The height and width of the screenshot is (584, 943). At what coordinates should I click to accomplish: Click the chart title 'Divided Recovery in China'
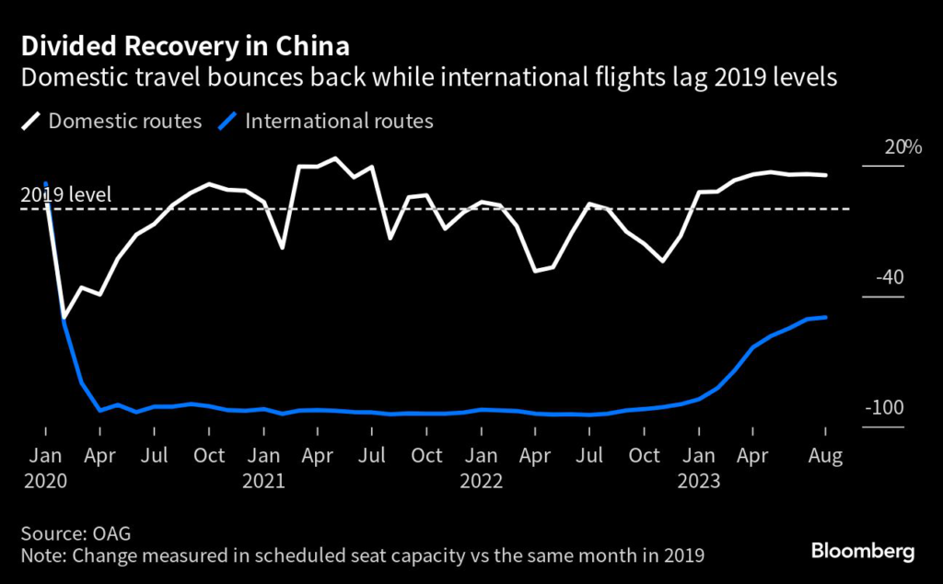coord(185,46)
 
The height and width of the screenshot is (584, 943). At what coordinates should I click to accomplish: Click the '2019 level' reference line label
coord(65,195)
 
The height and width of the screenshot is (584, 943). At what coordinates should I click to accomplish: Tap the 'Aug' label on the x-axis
coord(825,456)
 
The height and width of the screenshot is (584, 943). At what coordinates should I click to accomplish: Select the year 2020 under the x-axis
coord(46,481)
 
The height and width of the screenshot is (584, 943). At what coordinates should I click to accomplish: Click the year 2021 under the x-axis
coord(264,481)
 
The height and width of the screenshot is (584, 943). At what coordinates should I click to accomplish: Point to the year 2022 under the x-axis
coord(481,481)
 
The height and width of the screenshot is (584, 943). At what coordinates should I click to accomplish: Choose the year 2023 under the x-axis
coord(699,481)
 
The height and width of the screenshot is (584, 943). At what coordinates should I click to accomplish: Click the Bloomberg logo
coord(862,551)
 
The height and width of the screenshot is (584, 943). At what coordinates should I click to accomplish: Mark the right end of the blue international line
coord(825,317)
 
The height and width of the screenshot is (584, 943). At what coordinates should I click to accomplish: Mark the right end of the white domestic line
coord(825,175)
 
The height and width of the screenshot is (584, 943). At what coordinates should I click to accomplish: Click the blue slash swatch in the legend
coord(227,122)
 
